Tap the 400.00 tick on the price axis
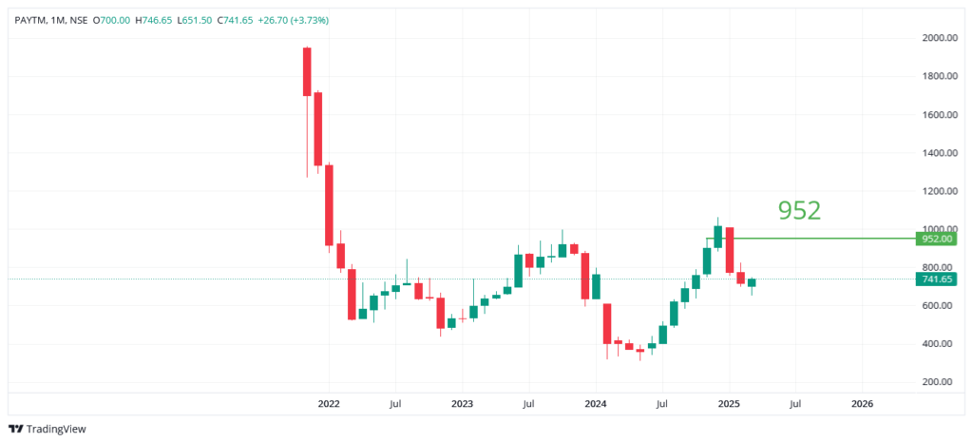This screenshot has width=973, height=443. [940, 344]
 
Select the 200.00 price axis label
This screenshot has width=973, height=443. [940, 382]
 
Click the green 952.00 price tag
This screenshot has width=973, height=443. [937, 240]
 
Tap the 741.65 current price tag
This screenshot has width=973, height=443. [937, 279]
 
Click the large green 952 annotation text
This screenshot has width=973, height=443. [799, 210]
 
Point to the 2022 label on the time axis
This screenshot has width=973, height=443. [329, 403]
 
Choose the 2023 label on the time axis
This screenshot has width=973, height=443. [462, 403]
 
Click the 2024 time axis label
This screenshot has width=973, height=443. [595, 403]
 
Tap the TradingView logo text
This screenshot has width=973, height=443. [55, 429]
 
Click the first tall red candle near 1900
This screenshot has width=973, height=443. [307, 71]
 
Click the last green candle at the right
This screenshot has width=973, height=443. [752, 282]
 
